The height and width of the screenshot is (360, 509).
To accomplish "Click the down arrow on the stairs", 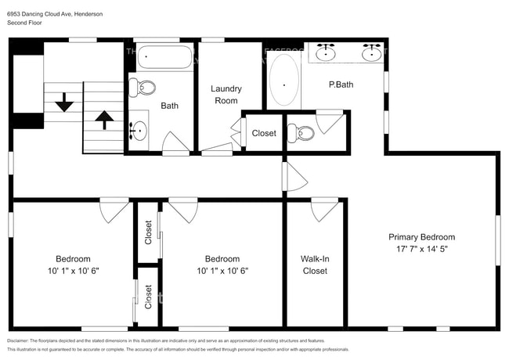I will coord(63,102).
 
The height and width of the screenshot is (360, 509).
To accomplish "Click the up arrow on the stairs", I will coord(103,119).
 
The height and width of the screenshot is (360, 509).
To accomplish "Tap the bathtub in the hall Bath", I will coord(165,58).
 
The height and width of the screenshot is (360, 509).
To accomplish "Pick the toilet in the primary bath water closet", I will coord(301,134).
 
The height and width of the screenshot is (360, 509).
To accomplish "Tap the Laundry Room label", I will coord(226,95).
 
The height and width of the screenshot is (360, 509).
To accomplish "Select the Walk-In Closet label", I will coord(314,265).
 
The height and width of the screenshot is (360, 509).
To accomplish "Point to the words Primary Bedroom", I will coord(421,237).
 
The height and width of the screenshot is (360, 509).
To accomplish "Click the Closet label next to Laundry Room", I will coord(264,133).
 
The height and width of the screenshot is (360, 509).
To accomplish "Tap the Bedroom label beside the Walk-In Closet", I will coord(222,259).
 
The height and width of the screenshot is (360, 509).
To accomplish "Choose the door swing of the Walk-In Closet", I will coord(324,209).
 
